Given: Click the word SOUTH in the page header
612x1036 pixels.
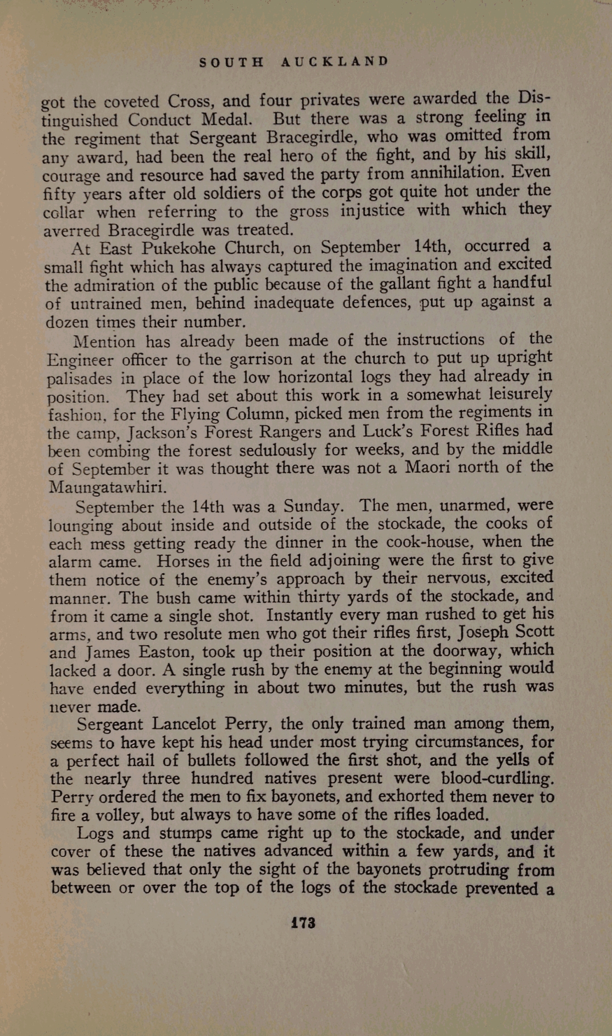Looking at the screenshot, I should tap(231, 62).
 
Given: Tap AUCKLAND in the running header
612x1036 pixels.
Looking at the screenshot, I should tap(334, 61).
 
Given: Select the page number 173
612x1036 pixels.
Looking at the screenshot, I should tap(303, 923).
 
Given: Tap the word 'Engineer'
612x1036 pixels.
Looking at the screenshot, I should tap(80, 361).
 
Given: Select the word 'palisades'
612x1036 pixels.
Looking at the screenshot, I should tap(79, 379).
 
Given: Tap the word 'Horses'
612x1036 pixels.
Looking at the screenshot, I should tap(182, 561).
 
